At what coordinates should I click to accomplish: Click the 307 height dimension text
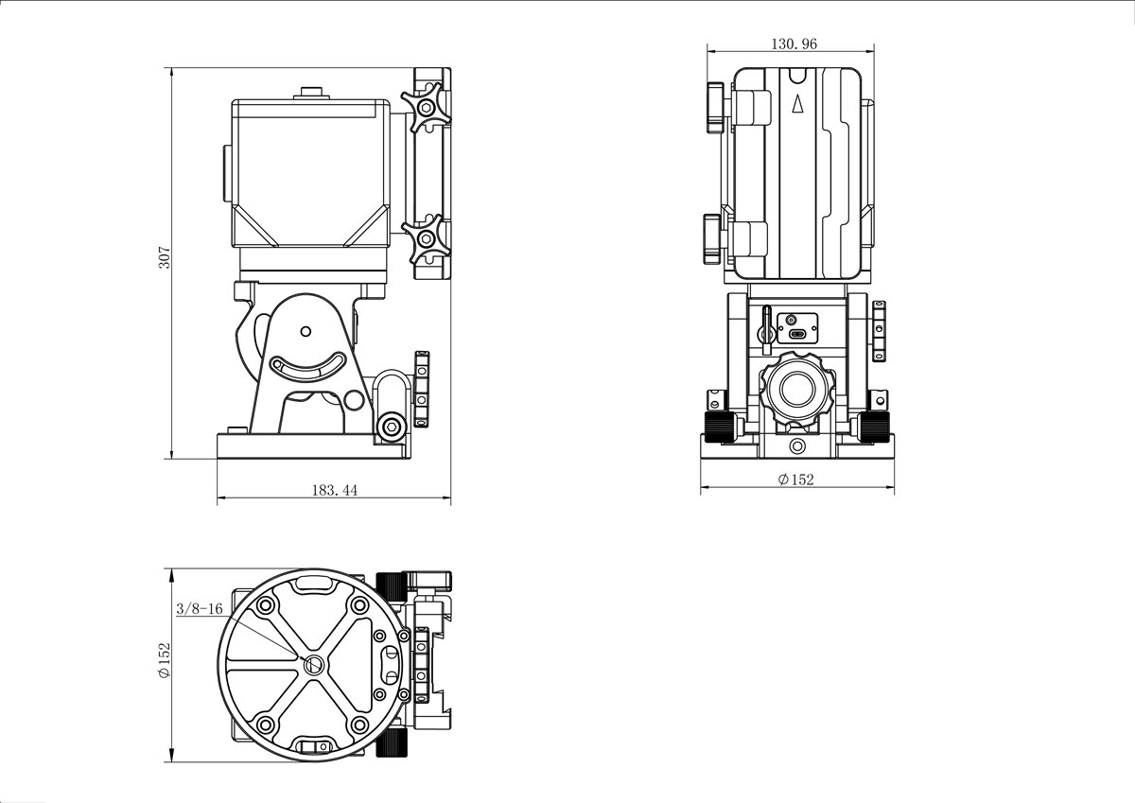click(x=166, y=257)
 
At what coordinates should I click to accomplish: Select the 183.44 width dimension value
click(x=334, y=490)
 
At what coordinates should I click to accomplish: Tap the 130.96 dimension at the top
click(x=794, y=44)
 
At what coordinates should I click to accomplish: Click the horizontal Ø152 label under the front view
click(x=795, y=480)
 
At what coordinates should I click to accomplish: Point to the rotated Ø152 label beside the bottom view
click(x=165, y=660)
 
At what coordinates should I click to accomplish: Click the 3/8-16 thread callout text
click(x=200, y=608)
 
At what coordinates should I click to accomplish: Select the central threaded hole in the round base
click(x=313, y=664)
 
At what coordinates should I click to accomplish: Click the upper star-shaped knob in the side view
click(x=427, y=108)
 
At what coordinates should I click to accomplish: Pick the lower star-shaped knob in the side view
click(x=427, y=238)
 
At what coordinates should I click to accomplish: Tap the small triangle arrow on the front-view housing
click(x=798, y=103)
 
